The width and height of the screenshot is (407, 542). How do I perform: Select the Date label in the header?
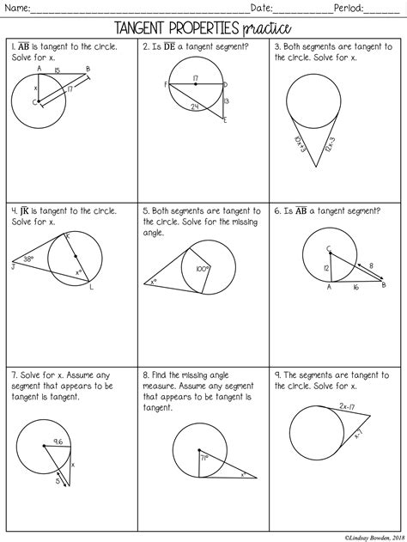262,9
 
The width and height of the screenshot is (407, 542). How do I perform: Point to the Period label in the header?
348,9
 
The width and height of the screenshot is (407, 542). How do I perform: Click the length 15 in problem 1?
58,70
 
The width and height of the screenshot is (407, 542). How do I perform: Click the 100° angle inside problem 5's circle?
203,269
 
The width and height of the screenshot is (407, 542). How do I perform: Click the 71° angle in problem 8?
205,460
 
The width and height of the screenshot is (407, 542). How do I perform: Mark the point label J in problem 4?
13,266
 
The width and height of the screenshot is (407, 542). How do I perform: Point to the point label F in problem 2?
164,84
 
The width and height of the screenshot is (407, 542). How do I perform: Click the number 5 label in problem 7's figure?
58,481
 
